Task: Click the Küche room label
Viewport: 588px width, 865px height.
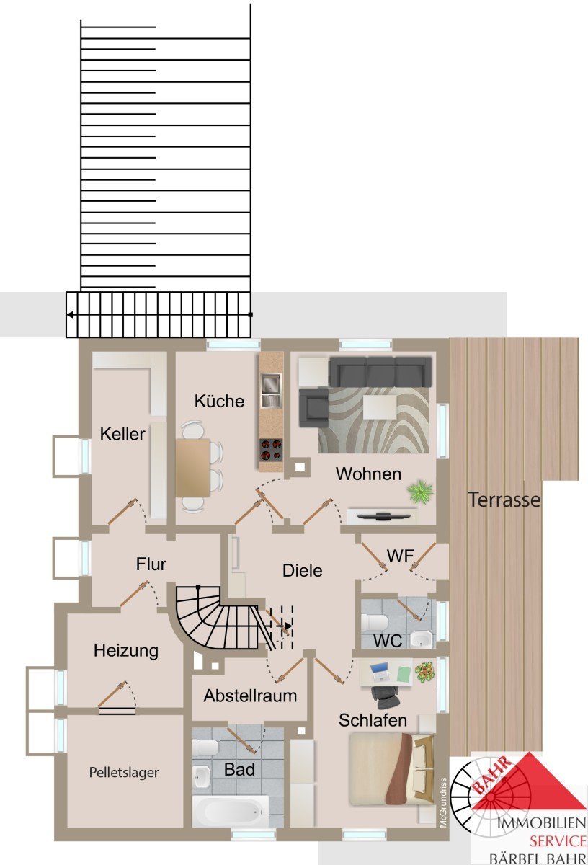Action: point(219,401)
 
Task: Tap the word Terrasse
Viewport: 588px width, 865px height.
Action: point(504,500)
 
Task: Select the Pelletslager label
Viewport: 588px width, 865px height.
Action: point(123,772)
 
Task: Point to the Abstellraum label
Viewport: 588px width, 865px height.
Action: point(250,696)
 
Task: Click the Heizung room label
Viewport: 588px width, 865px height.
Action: point(126,651)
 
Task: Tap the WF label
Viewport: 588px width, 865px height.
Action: point(401,556)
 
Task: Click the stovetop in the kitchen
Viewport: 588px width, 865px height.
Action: point(271,450)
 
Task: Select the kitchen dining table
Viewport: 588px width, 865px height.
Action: point(192,467)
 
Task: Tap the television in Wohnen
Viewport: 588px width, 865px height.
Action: point(383,515)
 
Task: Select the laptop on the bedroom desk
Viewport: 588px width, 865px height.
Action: point(380,672)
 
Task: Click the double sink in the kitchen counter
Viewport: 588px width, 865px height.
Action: point(272,391)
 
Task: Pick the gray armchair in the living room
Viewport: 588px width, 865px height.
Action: point(314,407)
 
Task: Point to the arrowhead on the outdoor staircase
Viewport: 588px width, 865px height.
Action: point(71,315)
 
